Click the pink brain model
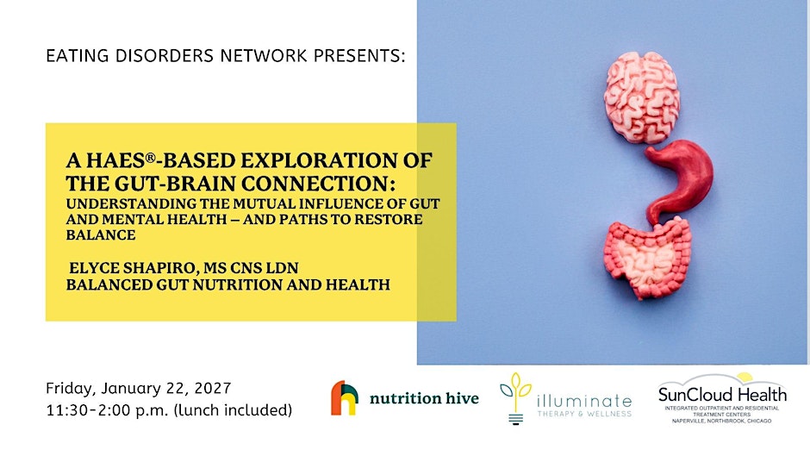[x=642, y=97]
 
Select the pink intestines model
[x=647, y=258]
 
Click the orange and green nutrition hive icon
[x=345, y=397]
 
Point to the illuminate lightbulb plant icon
[x=515, y=398]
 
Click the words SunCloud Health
[x=722, y=395]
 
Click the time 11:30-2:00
[x=90, y=410]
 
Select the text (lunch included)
[x=233, y=410]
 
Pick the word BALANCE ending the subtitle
[x=101, y=234]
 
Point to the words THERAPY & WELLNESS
[x=584, y=414]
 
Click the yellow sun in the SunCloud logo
[x=745, y=377]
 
